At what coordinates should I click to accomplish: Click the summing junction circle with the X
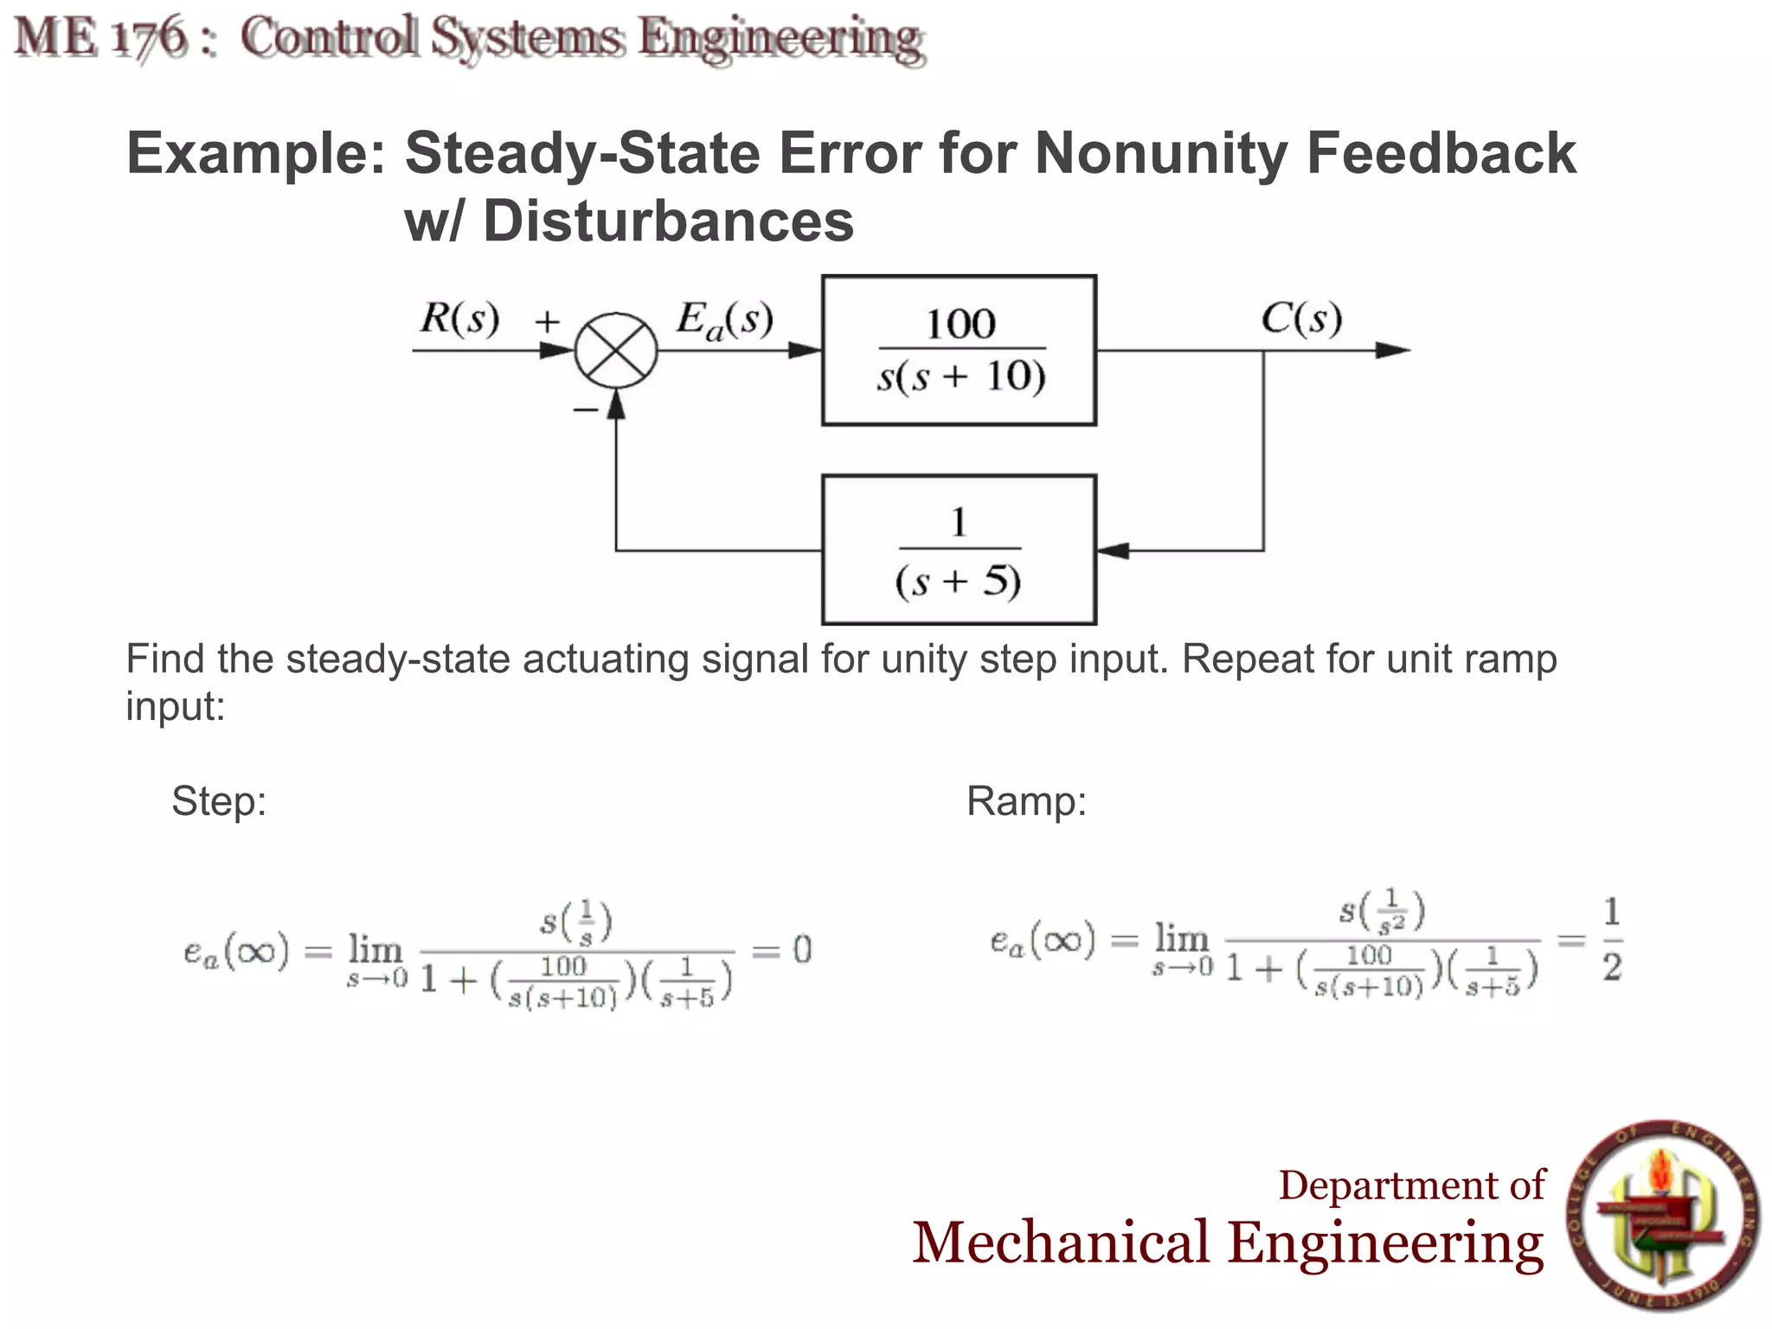pos(616,350)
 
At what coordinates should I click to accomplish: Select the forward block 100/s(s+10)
pos(959,350)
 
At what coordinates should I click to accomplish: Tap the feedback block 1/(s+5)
pos(959,549)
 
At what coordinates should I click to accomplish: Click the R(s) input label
pos(459,318)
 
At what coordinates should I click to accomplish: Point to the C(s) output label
pos(1300,318)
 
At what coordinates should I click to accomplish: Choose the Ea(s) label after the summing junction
pos(724,320)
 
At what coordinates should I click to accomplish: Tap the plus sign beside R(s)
pos(547,322)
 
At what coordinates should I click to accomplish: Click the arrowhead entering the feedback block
pos(1112,550)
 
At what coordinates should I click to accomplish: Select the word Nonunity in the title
pos(1161,153)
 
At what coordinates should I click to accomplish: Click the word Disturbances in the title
pos(668,221)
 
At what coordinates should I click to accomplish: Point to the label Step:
pos(219,800)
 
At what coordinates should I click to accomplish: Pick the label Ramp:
pos(1026,800)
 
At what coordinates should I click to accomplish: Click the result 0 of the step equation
pos(803,951)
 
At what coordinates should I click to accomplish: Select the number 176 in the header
pos(149,38)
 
